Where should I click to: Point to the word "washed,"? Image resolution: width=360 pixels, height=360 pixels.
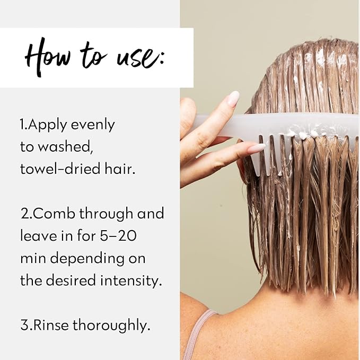point(65,147)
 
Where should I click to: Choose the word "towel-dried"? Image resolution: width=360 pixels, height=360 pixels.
point(60,169)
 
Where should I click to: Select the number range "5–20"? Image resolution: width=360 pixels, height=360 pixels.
point(118,236)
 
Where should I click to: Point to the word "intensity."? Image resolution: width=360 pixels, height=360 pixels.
point(131,281)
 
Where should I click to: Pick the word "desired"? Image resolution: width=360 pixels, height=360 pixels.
point(71,280)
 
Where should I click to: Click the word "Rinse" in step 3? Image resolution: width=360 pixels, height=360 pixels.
point(51,326)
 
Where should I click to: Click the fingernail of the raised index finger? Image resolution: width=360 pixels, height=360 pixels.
point(233,99)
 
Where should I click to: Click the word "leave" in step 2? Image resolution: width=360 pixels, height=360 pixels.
point(38,236)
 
